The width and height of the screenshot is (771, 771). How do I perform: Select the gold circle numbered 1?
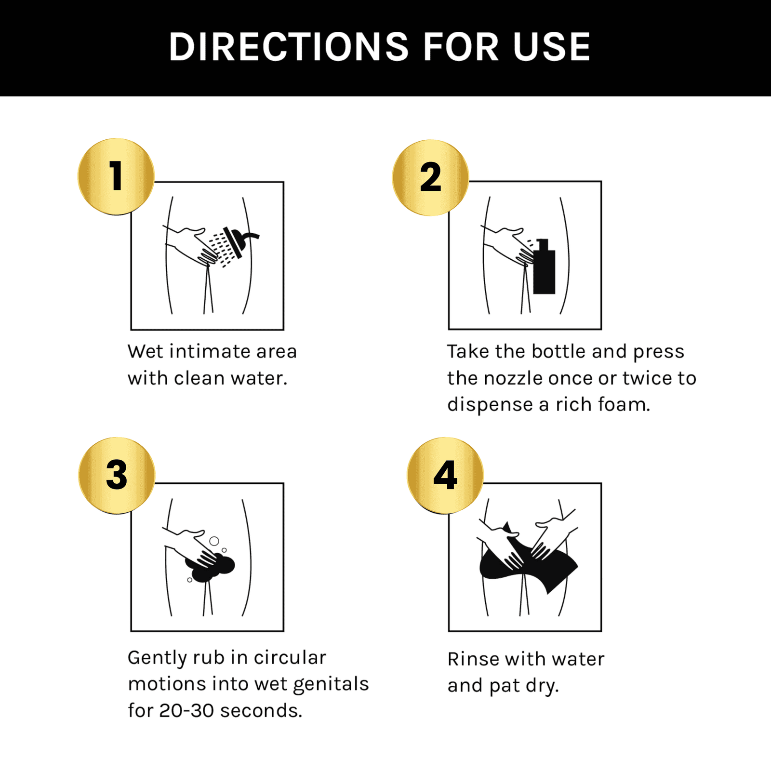[x=116, y=176]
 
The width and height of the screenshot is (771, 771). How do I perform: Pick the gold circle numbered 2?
[x=430, y=177]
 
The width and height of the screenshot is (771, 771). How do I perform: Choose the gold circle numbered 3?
[x=117, y=476]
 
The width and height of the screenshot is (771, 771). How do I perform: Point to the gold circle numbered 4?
[x=445, y=475]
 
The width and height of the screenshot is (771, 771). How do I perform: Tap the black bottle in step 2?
[x=544, y=266]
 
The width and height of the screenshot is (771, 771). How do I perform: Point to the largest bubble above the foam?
[x=214, y=541]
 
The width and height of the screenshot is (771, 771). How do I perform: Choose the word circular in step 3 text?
[x=290, y=657]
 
